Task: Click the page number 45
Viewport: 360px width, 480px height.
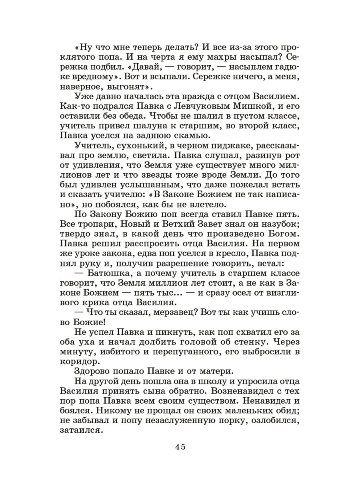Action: pyautogui.click(x=180, y=447)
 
